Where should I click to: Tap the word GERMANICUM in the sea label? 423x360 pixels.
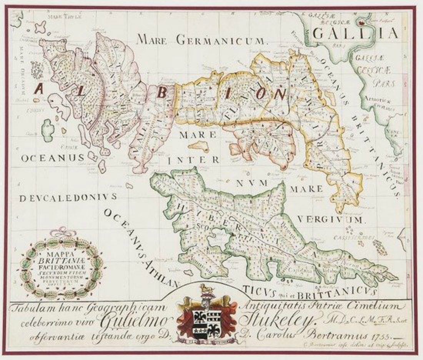[221, 39]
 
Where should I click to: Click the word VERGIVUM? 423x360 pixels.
[330, 220]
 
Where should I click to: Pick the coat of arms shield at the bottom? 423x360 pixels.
[207, 319]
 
